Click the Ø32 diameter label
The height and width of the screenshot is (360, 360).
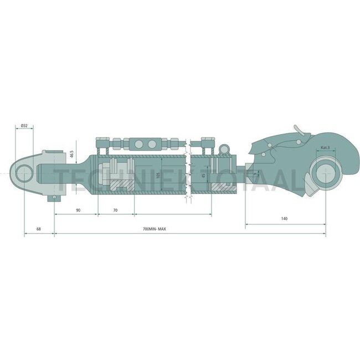24,126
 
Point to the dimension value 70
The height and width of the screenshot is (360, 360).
115,210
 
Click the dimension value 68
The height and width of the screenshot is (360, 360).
38,229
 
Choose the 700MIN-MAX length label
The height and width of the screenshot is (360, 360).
155,229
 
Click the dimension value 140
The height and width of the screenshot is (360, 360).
284,219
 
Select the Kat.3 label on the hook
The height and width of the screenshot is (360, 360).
325,148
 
